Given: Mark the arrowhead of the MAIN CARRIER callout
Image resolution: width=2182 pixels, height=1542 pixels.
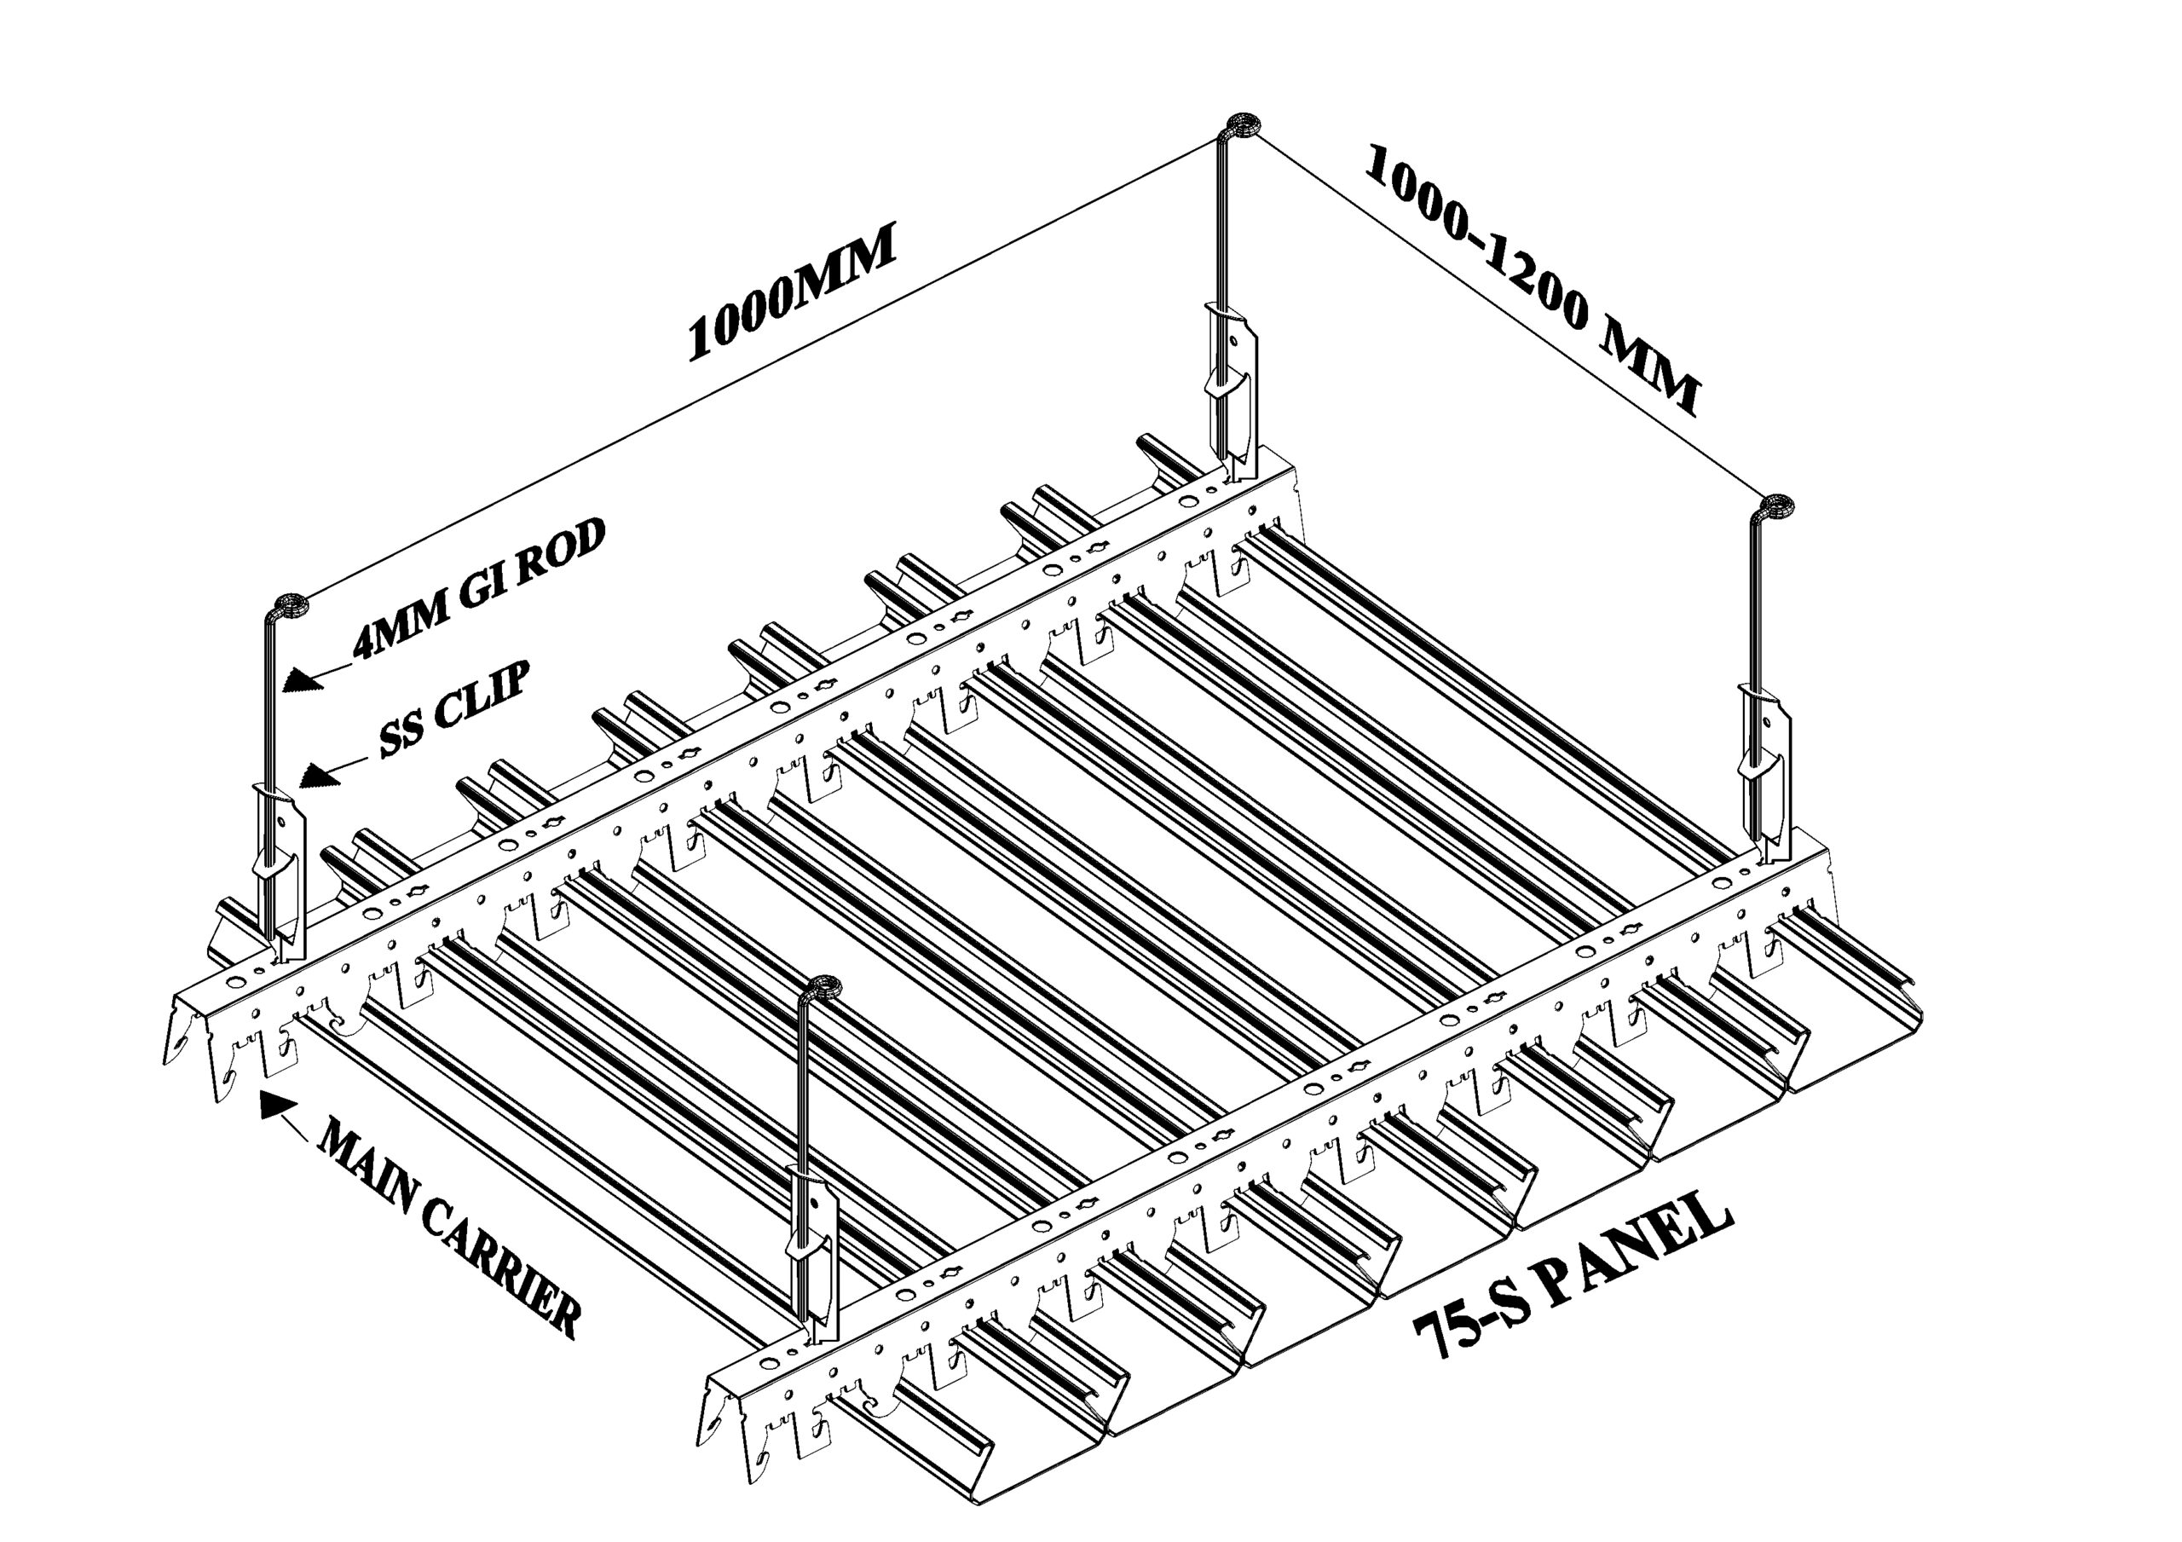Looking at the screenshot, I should click(275, 1102).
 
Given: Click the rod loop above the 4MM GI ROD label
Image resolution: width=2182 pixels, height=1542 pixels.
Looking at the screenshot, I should click(290, 604).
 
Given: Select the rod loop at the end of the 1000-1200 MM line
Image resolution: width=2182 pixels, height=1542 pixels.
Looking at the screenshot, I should click(1775, 505).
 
